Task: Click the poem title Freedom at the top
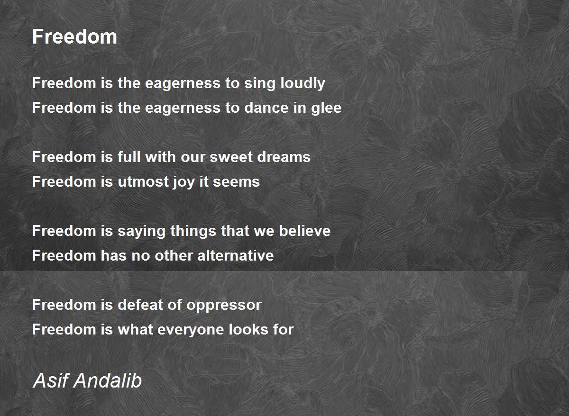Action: (74, 36)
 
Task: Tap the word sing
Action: (257, 83)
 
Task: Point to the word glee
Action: (325, 108)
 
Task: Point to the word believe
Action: (304, 231)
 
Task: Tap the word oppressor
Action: (224, 305)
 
